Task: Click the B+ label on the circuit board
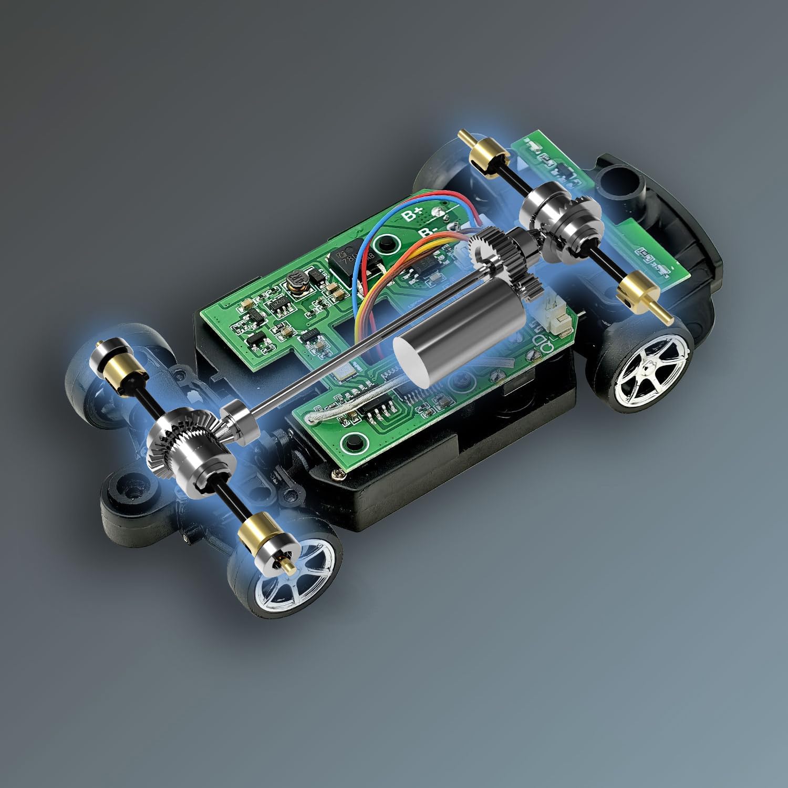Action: point(412,214)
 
